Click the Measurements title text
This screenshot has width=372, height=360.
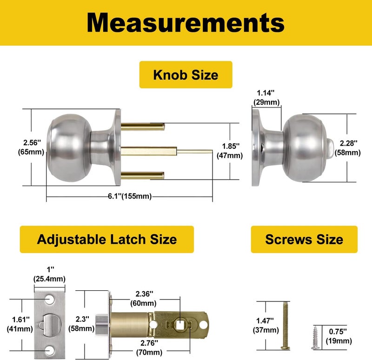tap(186, 22)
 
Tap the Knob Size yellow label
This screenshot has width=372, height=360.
tap(186, 74)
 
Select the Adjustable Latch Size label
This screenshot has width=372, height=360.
tap(106, 239)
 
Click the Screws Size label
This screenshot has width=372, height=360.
tap(304, 239)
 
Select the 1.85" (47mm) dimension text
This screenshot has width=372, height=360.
tap(230, 151)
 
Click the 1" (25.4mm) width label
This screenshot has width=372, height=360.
tap(49, 274)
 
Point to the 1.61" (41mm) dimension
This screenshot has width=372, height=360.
tap(18, 324)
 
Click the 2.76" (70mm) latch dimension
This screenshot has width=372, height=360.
tap(143, 347)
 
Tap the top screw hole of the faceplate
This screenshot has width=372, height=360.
tap(49, 296)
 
